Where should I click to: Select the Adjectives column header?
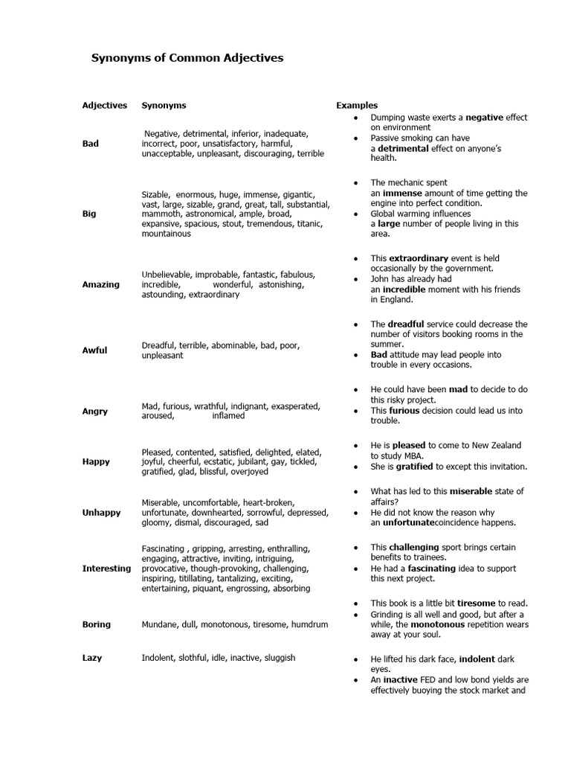point(105,106)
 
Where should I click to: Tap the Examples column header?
point(357,106)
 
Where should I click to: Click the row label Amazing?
point(100,285)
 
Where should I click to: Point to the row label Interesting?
point(106,569)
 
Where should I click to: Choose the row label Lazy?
point(92,658)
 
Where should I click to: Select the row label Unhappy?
point(101,513)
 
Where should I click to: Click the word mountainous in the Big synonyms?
point(167,234)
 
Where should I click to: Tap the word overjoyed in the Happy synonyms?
point(248,472)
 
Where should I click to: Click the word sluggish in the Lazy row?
point(276,658)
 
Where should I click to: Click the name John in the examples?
point(381,279)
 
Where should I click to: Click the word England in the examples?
point(397,300)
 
